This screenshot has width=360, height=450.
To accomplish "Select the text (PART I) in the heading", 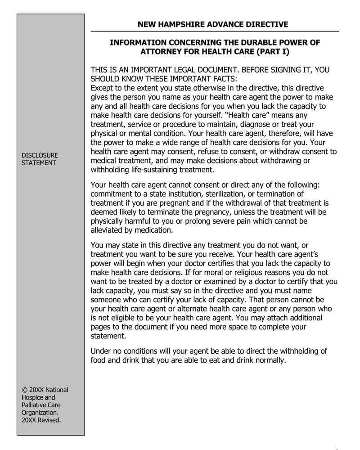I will pyautogui.click(x=272, y=52).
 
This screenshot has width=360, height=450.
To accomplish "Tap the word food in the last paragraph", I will pyautogui.click(x=98, y=360).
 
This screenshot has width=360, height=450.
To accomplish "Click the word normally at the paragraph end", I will pyautogui.click(x=270, y=360).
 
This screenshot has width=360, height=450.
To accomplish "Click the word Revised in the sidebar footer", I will pyautogui.click(x=50, y=420).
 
